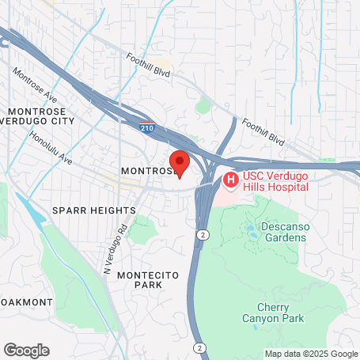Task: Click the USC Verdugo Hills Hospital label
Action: point(275,180)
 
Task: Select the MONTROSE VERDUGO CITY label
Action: point(39,116)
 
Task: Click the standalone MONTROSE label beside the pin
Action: point(146,171)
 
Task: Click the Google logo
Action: point(26,349)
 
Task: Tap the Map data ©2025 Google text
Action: point(310,354)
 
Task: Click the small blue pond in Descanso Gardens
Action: point(251,230)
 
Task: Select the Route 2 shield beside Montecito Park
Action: point(203,235)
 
